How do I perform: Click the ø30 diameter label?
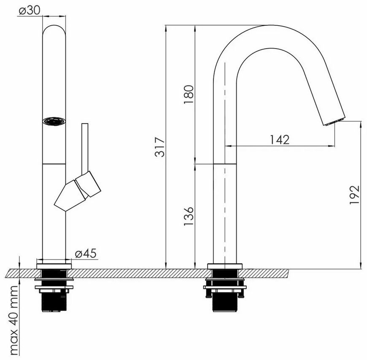pos(30,10)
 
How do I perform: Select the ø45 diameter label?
pos(86,253)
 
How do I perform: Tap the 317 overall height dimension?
pos(160,147)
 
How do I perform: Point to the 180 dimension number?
pos(189,95)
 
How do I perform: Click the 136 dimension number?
pos(189,216)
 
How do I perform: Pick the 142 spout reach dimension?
pos(280,140)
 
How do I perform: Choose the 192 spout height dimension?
pos(354,195)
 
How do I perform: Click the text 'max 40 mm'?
pos(13,320)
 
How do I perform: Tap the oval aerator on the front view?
pos(54,121)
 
